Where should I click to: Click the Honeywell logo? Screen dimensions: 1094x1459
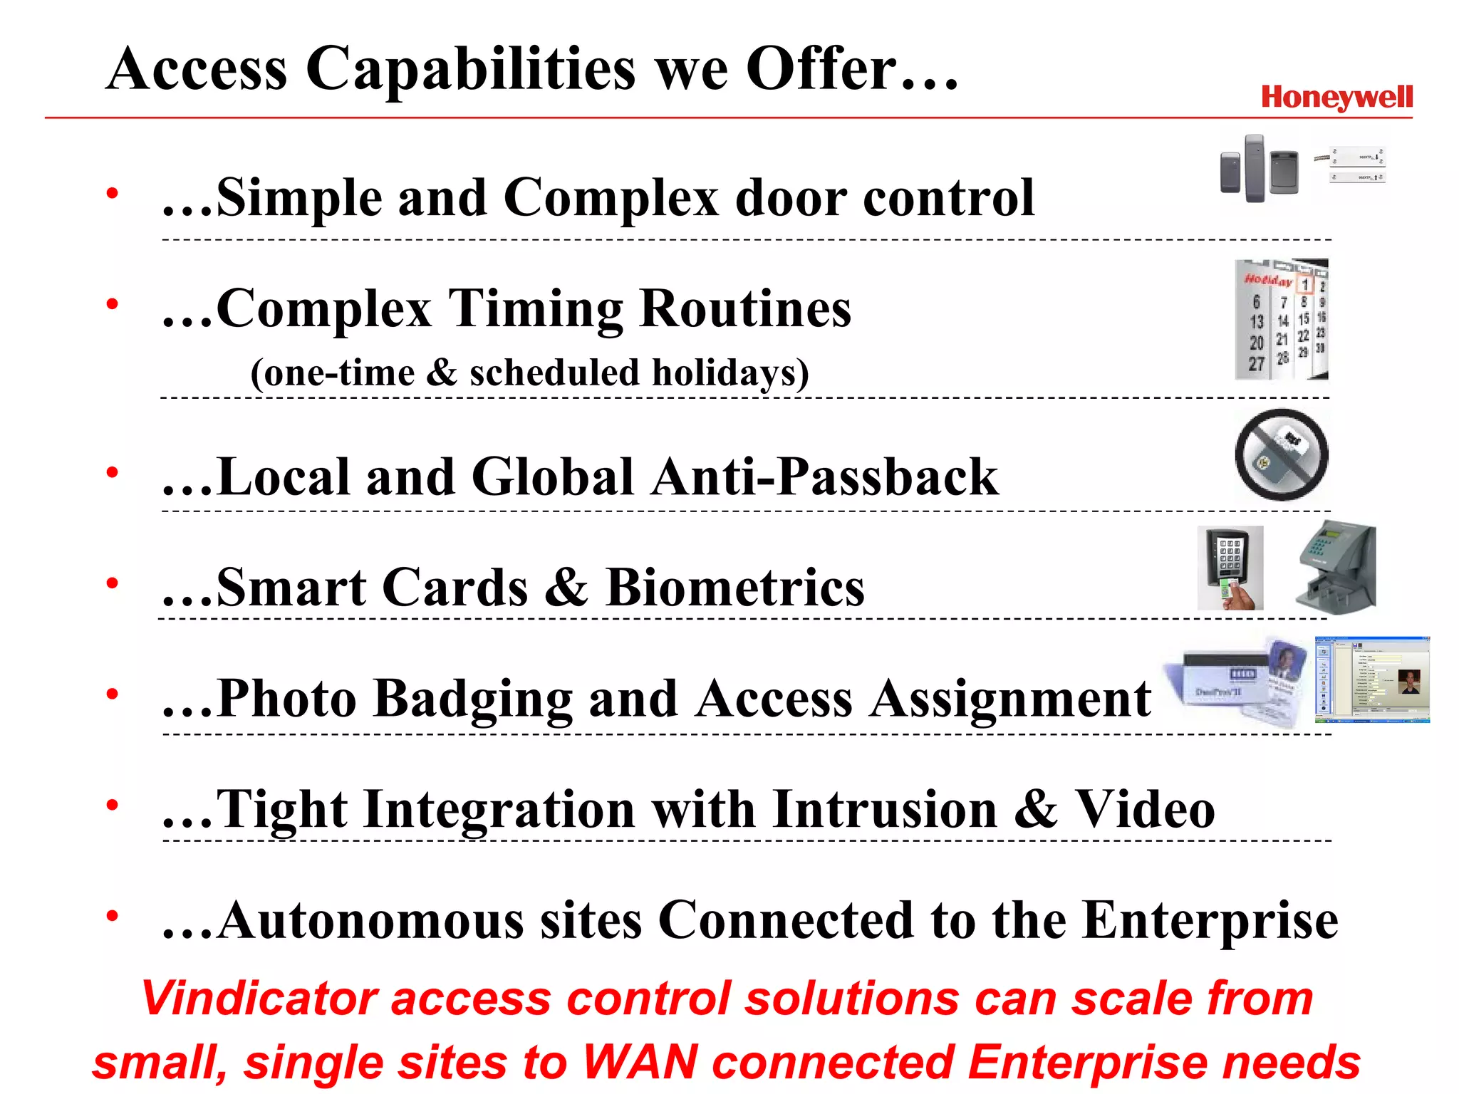click(1336, 98)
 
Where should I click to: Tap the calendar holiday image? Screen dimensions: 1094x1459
click(1281, 319)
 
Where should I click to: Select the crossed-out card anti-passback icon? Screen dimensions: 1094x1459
click(1281, 454)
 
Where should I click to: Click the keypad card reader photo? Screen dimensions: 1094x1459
click(1230, 568)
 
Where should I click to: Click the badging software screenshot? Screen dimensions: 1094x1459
click(1372, 679)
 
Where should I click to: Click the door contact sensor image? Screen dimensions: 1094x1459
click(1356, 166)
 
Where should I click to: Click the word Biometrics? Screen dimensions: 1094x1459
click(734, 588)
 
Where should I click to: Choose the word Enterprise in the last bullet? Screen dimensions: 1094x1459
click(1210, 920)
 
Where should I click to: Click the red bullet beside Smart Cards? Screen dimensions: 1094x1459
click(112, 583)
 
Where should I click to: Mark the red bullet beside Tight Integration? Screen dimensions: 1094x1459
click(112, 805)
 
